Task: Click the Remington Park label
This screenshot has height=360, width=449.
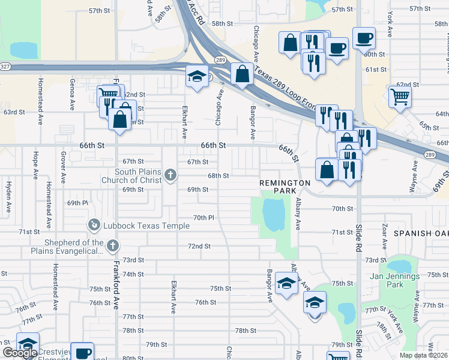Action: pyautogui.click(x=285, y=187)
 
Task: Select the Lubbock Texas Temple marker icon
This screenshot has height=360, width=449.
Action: pyautogui.click(x=94, y=225)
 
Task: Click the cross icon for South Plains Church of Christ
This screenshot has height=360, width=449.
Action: pyautogui.click(x=170, y=176)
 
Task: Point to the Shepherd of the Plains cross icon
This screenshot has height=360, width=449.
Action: pyautogui.click(x=112, y=245)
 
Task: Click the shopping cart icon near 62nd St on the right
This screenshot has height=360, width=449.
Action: pyautogui.click(x=400, y=95)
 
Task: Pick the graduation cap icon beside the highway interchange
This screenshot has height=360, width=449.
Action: pyautogui.click(x=196, y=76)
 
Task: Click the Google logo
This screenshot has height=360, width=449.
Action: pyautogui.click(x=19, y=353)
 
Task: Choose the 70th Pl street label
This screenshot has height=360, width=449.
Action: pyautogui.click(x=204, y=217)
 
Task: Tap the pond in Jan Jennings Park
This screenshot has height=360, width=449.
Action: pyautogui.click(x=397, y=266)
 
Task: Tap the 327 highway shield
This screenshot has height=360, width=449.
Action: pyautogui.click(x=5, y=65)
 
